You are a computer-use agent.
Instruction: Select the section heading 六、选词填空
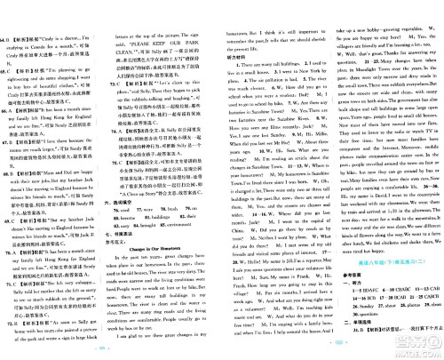[x=131, y=190]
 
